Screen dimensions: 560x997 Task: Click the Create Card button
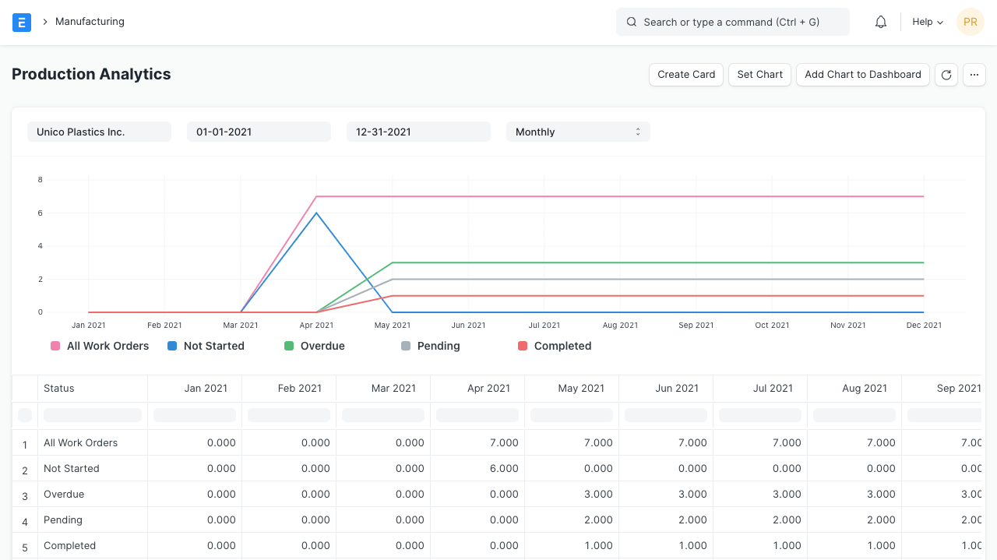(x=686, y=75)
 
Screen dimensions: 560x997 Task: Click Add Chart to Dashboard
(x=862, y=75)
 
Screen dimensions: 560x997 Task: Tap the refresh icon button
(x=946, y=75)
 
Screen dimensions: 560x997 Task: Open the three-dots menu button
(x=974, y=75)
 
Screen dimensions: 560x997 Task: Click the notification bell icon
(x=881, y=23)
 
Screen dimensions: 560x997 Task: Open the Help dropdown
(x=927, y=23)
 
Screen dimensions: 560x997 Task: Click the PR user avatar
(x=971, y=23)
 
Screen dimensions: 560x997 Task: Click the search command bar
(x=732, y=23)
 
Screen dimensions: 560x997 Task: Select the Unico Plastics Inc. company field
(x=99, y=132)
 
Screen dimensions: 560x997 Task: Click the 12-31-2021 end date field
(x=418, y=132)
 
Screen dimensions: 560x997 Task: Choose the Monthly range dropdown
(x=578, y=132)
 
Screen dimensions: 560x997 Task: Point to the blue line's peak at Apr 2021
(x=316, y=213)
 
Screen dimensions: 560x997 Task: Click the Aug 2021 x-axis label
(x=620, y=326)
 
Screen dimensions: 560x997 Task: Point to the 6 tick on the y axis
(x=41, y=213)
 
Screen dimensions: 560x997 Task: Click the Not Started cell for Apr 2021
(x=477, y=469)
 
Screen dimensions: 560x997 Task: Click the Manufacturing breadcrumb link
(x=90, y=22)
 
